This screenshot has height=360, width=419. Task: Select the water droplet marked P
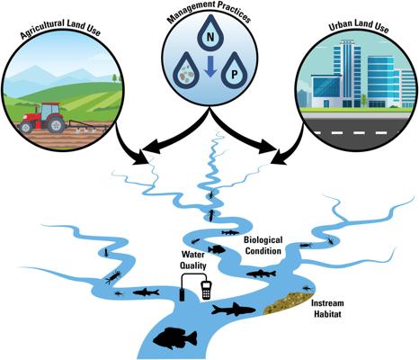(234, 72)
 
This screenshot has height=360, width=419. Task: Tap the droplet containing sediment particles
(187, 72)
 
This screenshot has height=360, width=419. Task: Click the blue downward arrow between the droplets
(210, 67)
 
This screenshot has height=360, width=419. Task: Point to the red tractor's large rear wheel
(56, 124)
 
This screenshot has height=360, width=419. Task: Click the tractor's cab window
(47, 112)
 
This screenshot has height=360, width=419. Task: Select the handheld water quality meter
(206, 290)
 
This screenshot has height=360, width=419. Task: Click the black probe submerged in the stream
(182, 295)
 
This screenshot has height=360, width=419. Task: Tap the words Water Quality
(193, 260)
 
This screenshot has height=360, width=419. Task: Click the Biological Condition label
(263, 246)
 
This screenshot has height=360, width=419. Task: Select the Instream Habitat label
(327, 309)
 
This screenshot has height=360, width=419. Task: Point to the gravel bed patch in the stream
(289, 302)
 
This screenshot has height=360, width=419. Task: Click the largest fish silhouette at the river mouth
(175, 338)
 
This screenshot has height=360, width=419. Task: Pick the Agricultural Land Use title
(60, 29)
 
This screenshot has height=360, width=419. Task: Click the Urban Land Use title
(359, 26)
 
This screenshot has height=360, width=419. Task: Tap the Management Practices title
(209, 12)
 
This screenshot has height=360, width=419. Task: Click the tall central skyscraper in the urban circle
(351, 73)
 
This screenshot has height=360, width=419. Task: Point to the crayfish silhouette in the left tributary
(113, 276)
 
